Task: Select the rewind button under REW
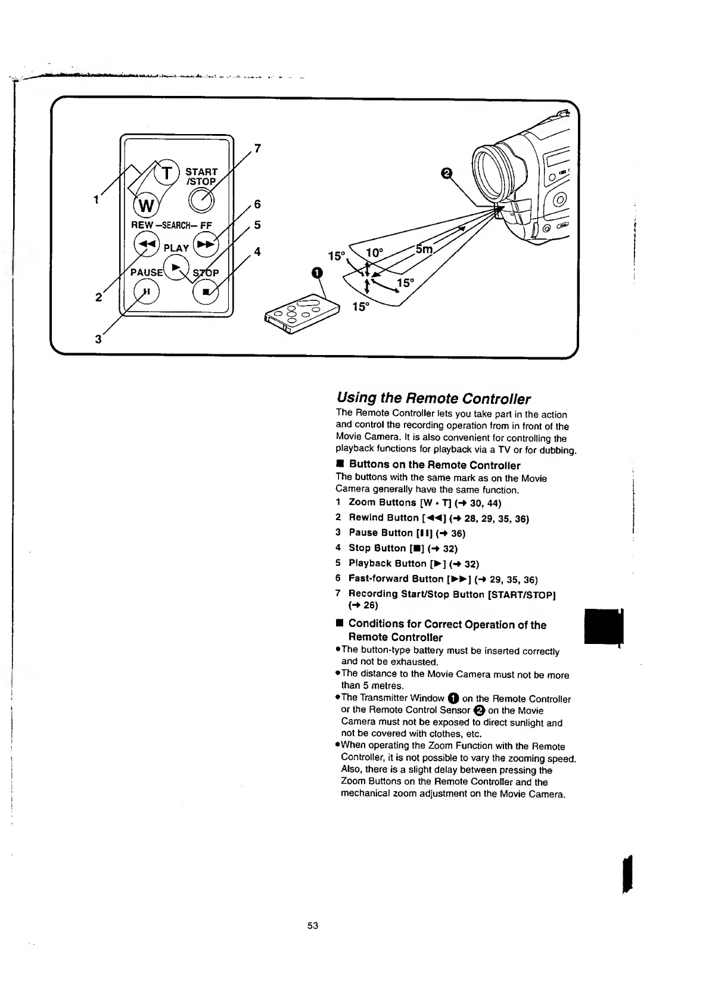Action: coord(146,243)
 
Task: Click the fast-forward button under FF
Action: coord(206,244)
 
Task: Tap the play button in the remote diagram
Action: coord(176,266)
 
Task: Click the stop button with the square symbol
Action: coord(206,292)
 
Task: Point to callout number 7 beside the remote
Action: coord(258,148)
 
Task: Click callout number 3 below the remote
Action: coord(97,340)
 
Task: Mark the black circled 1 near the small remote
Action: coord(317,273)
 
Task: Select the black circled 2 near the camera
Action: coord(445,173)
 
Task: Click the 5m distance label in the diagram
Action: coord(424,250)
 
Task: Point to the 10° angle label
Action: coord(374,253)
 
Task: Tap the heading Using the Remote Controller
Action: coord(433,398)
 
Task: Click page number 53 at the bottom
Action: coord(313,925)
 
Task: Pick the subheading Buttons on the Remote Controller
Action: coord(434,465)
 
